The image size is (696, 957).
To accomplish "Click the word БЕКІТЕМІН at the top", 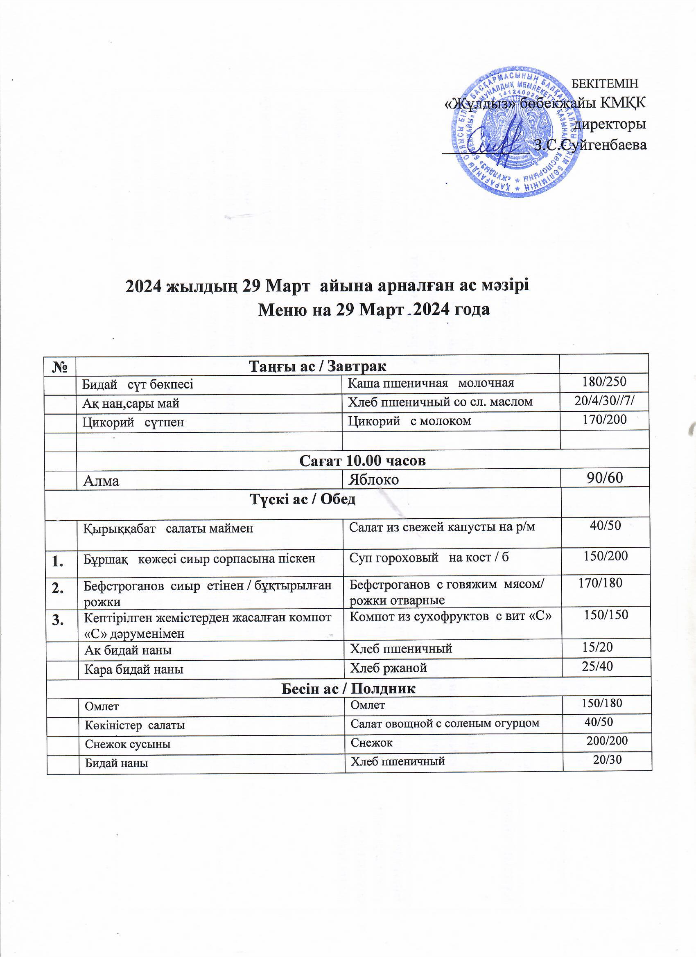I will point(605,84).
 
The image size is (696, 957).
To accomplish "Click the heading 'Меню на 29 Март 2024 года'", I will point(373,310).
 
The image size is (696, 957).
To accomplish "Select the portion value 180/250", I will point(604,382).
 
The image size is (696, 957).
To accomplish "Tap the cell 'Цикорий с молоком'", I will point(409,421).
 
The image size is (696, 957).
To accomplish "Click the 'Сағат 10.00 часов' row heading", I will point(363,461).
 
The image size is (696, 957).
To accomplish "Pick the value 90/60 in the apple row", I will point(605,478).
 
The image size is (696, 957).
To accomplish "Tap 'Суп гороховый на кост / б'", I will point(429,557).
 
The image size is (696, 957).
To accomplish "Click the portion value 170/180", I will point(600,583).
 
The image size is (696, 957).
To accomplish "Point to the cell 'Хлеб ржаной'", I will point(388,668).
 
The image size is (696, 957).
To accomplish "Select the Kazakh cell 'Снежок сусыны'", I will point(127,744).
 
